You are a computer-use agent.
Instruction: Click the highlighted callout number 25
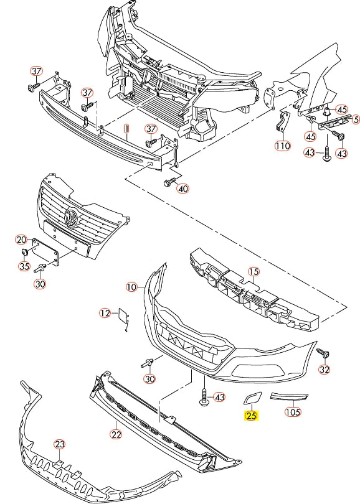[x=251, y=415]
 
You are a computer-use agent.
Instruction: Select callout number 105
[x=293, y=412]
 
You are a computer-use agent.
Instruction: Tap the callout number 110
[x=283, y=146]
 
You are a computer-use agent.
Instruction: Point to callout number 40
[x=183, y=189]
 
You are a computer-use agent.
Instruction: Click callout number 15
[x=253, y=272]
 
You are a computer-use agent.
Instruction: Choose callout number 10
[x=131, y=287]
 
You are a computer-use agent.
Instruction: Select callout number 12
[x=105, y=313]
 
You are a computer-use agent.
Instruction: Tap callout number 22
[x=116, y=434]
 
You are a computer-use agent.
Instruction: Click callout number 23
[x=60, y=444]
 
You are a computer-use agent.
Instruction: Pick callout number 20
[x=22, y=240]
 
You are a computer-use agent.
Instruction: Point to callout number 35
[x=24, y=266]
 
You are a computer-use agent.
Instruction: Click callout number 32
[x=324, y=370]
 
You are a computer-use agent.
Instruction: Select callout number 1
[x=126, y=129]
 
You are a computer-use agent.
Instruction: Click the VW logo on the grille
[x=71, y=218]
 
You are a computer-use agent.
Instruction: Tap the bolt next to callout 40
[x=169, y=182]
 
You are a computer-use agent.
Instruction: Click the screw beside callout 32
[x=323, y=353]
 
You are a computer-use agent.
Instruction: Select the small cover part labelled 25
[x=252, y=397]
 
